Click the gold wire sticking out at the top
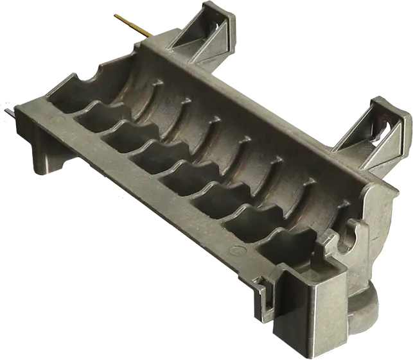click(x=132, y=24)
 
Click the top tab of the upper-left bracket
click(x=211, y=11)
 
